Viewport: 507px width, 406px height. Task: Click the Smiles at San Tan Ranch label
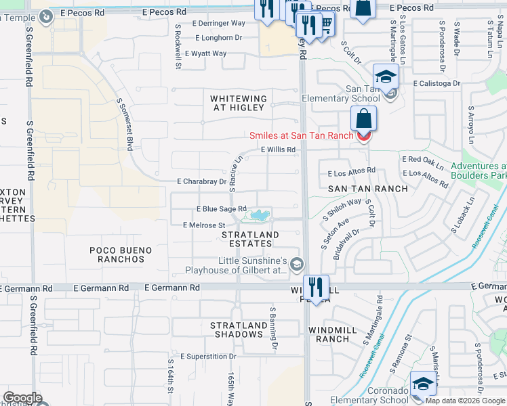[301, 135]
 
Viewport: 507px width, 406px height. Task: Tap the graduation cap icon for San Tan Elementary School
[385, 76]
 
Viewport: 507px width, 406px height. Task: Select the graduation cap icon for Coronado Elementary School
[423, 382]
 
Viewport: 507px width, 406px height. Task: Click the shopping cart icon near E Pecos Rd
[326, 24]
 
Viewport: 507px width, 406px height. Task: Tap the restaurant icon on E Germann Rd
[316, 286]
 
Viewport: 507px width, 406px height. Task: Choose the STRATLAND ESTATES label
[250, 240]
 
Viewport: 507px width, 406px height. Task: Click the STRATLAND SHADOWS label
[239, 330]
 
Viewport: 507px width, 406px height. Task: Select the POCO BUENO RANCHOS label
[121, 254]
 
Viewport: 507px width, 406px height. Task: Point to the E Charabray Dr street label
[201, 181]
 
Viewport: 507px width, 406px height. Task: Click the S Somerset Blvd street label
[124, 125]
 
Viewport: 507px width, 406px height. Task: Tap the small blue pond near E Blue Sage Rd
[259, 216]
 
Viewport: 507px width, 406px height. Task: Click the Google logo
[22, 397]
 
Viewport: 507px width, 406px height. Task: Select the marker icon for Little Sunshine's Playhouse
[297, 266]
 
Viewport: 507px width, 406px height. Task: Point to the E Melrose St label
[203, 225]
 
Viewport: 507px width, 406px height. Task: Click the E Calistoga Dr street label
[436, 84]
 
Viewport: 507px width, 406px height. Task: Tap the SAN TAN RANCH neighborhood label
[367, 189]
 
